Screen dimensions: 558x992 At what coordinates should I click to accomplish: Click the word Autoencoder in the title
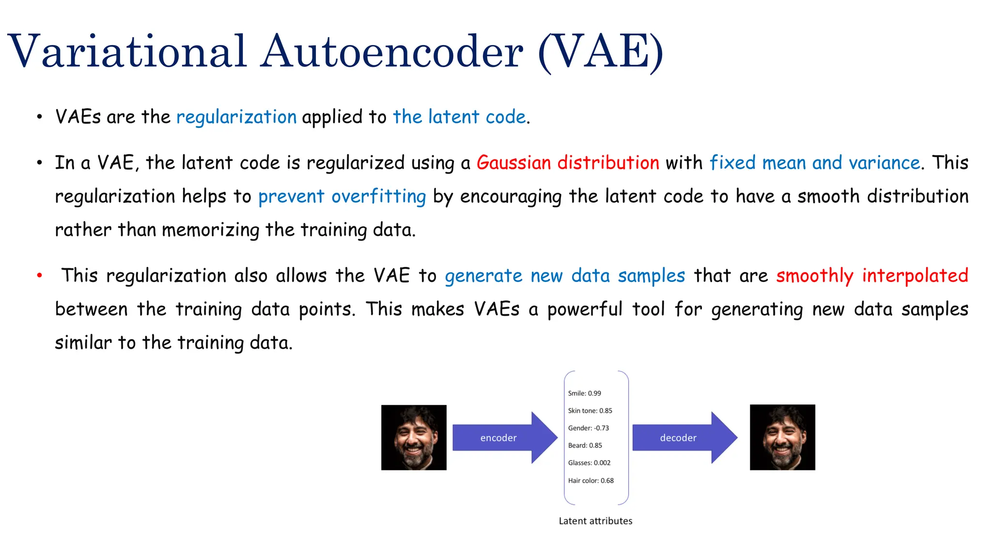pos(391,51)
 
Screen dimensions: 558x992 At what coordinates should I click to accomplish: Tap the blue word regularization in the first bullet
pos(236,117)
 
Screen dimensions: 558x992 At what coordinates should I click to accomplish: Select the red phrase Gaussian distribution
pos(568,163)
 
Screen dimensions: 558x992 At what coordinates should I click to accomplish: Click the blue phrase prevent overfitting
pos(342,197)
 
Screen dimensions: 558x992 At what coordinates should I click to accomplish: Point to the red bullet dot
pos(40,276)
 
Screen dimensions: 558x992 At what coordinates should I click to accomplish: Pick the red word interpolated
pos(914,276)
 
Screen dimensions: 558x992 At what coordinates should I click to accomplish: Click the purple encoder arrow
pos(504,438)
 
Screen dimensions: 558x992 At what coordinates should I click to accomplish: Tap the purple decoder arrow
pos(683,438)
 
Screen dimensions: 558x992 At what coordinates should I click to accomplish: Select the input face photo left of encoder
pos(414,437)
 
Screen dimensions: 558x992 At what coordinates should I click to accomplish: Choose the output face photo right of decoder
pos(782,437)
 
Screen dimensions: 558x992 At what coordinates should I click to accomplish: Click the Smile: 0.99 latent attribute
pos(584,393)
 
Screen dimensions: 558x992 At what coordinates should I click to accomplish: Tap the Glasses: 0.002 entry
pos(589,463)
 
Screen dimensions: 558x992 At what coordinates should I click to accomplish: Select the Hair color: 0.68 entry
pos(590,480)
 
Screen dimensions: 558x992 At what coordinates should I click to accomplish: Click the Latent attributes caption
pos(595,521)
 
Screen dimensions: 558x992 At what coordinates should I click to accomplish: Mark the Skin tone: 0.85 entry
pos(590,411)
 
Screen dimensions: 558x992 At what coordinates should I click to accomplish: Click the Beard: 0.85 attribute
pos(585,446)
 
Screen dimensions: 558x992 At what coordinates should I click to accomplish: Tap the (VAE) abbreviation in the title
pos(601,51)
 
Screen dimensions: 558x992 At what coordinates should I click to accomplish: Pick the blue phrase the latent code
pos(459,117)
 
